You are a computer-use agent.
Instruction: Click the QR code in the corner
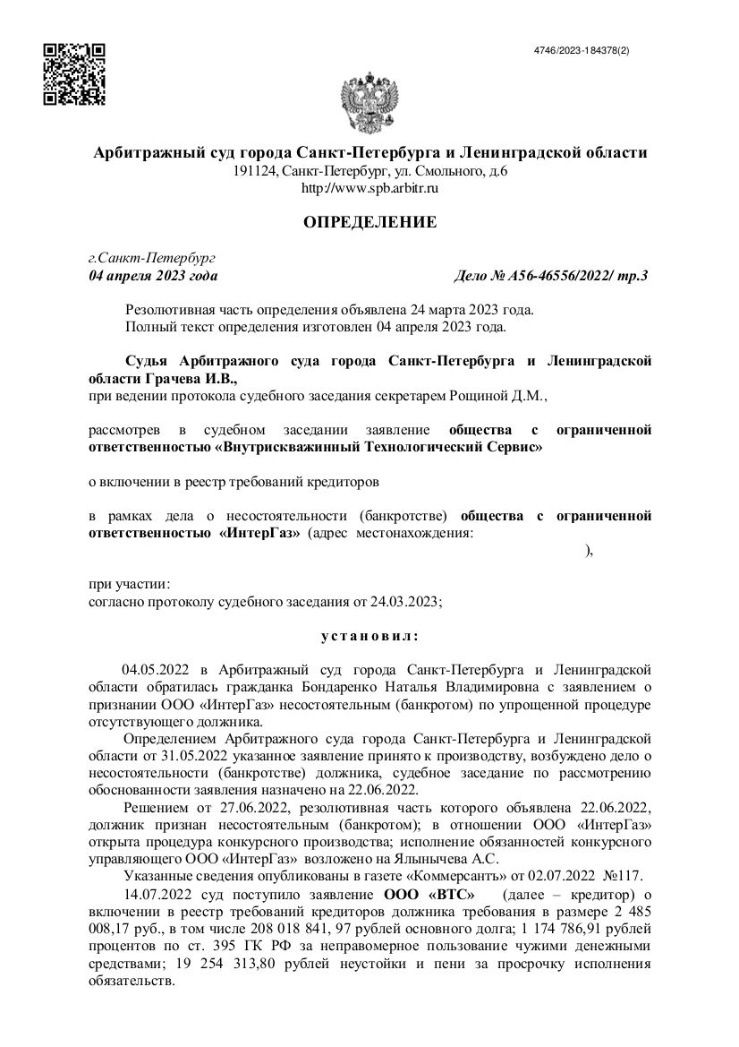coord(75,74)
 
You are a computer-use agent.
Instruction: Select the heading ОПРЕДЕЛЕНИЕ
coord(369,221)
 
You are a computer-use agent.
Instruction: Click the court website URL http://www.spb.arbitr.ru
coord(369,187)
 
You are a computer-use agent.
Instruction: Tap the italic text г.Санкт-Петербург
coord(147,258)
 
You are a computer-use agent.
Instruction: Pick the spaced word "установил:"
coord(369,636)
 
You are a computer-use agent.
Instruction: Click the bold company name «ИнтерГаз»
coord(259,533)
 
